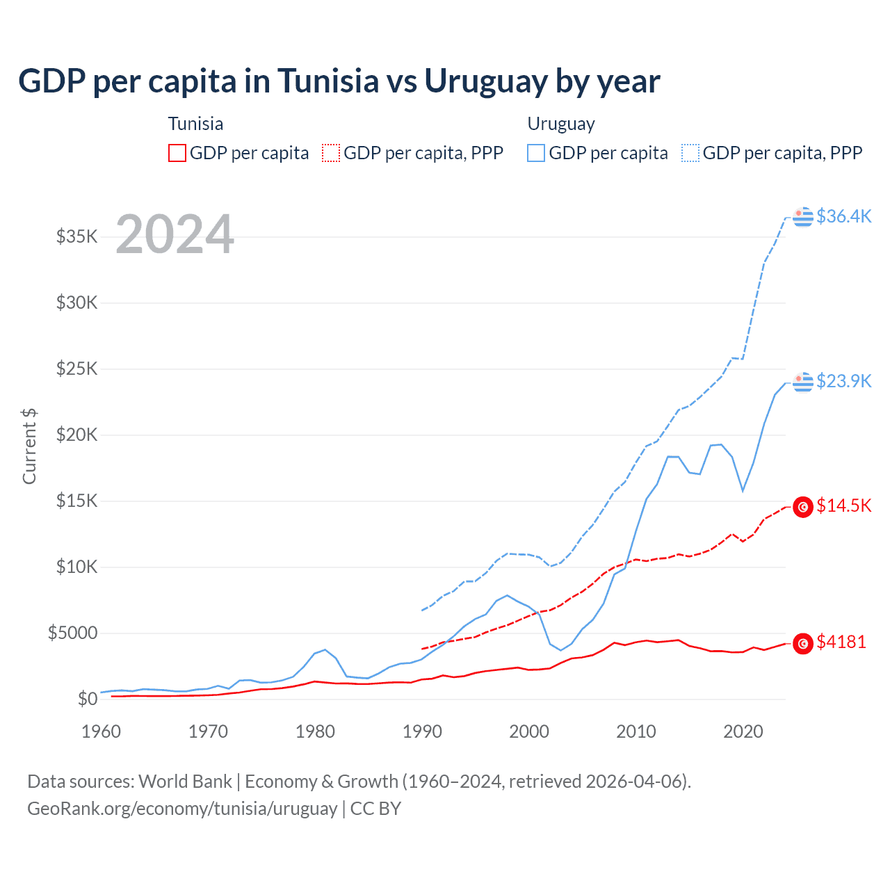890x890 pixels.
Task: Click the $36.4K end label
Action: pyautogui.click(x=843, y=216)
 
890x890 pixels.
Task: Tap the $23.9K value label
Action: pyautogui.click(x=843, y=381)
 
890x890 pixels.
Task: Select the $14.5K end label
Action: pyautogui.click(x=843, y=505)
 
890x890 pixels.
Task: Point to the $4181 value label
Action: pyautogui.click(x=841, y=642)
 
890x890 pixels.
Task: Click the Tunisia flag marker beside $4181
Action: pyautogui.click(x=803, y=643)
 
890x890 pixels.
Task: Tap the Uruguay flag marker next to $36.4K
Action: pyautogui.click(x=803, y=217)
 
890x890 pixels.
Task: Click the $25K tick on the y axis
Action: pyautogui.click(x=76, y=369)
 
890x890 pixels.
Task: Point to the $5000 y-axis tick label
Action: pyautogui.click(x=72, y=633)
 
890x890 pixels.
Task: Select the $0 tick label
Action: pyautogui.click(x=87, y=699)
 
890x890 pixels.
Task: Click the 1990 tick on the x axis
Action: pyautogui.click(x=422, y=731)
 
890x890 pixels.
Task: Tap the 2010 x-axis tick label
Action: pyautogui.click(x=636, y=731)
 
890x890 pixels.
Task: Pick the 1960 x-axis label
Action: pyautogui.click(x=102, y=731)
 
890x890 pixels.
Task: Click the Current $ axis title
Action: pyautogui.click(x=29, y=446)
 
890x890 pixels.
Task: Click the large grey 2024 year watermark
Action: pyautogui.click(x=175, y=234)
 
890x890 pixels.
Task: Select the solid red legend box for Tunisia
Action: pyautogui.click(x=177, y=153)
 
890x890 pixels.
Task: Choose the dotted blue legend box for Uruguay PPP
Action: pyautogui.click(x=690, y=153)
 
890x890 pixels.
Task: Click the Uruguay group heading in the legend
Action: pyautogui.click(x=561, y=124)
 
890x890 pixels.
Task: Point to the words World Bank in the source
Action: pyautogui.click(x=185, y=782)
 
